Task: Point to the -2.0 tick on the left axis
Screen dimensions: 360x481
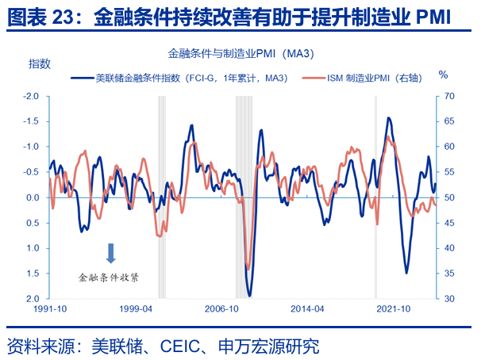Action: [x=33, y=96]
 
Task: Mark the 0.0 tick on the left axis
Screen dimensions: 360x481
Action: [x=33, y=197]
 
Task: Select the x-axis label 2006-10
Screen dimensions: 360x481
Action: [x=221, y=309]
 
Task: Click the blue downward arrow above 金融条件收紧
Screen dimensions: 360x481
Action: [x=111, y=253]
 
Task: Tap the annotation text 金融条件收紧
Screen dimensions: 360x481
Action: [x=110, y=278]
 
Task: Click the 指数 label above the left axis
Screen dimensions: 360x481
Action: [x=40, y=63]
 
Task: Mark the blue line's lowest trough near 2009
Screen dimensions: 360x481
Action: [x=249, y=296]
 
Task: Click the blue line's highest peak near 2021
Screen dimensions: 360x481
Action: [x=388, y=118]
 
